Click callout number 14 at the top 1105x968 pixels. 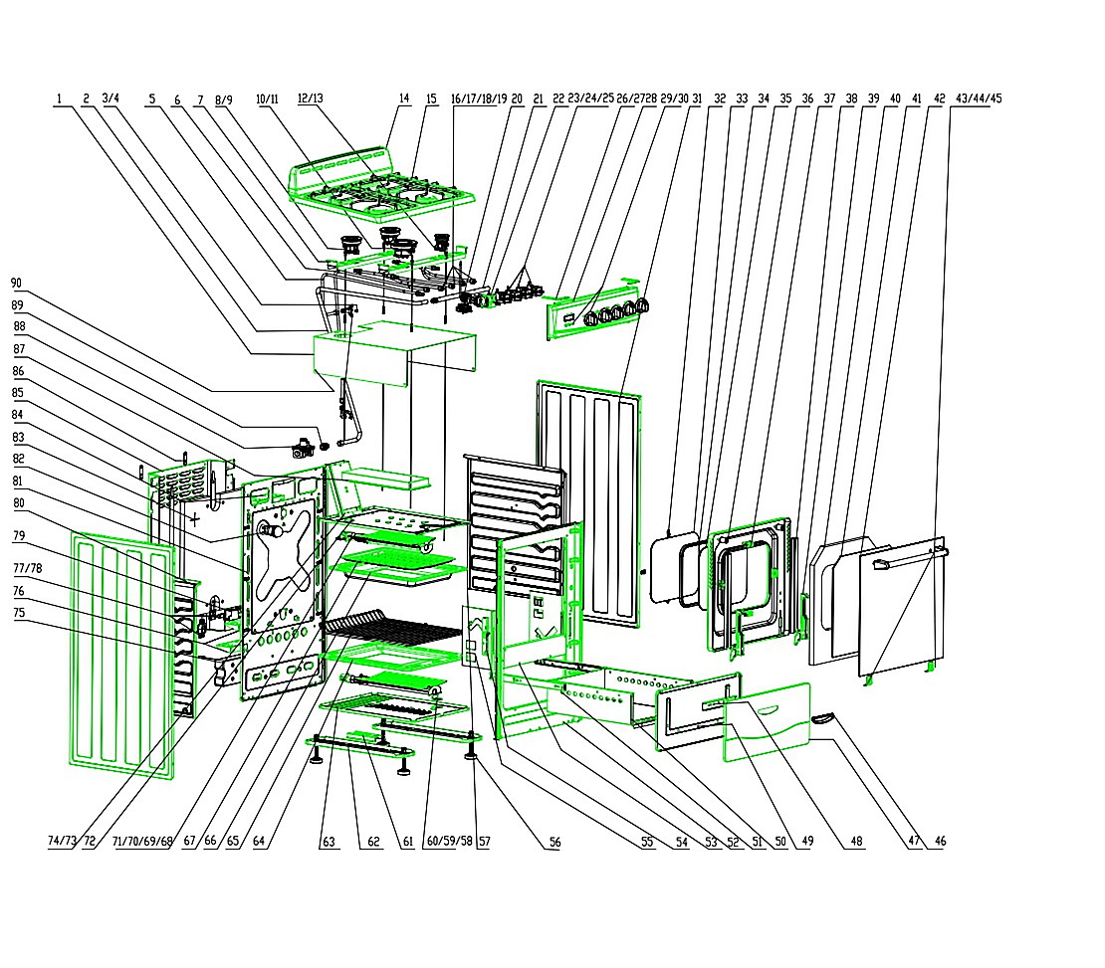[x=404, y=98]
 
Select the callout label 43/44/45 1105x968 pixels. [x=979, y=98]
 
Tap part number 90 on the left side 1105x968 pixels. [x=17, y=284]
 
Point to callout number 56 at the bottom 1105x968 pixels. [x=555, y=842]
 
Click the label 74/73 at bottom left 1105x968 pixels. [x=62, y=841]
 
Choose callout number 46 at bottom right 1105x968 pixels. [x=940, y=841]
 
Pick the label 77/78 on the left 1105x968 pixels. [x=28, y=568]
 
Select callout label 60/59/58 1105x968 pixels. [x=450, y=842]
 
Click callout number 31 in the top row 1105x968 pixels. [x=697, y=98]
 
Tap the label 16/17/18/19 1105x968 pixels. [x=479, y=98]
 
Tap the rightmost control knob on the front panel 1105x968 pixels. [x=642, y=305]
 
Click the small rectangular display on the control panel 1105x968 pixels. [x=568, y=319]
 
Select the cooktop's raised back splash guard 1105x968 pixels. [x=340, y=168]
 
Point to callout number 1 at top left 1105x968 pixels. [x=59, y=98]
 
